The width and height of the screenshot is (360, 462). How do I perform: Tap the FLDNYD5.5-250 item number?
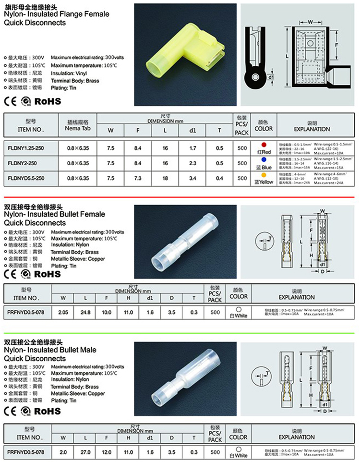coord(26,178)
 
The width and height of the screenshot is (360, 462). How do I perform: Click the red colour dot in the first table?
coord(263,145)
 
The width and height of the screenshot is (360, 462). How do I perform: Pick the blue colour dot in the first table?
coord(263,159)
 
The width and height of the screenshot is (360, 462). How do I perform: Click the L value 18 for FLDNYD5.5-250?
coord(166,178)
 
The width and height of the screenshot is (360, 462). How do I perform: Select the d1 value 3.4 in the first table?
coord(193,178)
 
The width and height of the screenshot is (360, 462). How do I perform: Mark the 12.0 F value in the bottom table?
coord(106,452)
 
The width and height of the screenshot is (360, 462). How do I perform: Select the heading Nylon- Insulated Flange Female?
coord(57,14)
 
